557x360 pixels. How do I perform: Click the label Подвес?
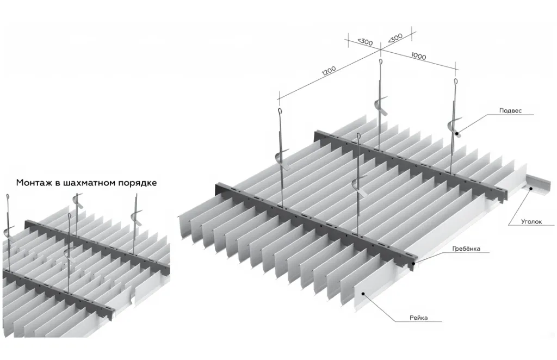510,110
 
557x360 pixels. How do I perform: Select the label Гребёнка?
466,249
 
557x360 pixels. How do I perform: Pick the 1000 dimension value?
418,56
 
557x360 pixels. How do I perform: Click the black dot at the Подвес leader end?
457,133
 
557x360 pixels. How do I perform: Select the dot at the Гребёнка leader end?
414,263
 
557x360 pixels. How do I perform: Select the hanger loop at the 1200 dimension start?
280,114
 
